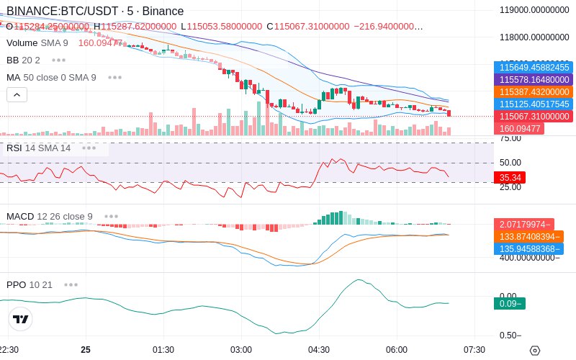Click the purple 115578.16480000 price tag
pyautogui.click(x=534, y=79)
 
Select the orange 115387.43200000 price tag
pyautogui.click(x=534, y=91)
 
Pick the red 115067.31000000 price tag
pyautogui.click(x=534, y=116)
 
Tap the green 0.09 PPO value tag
pyautogui.click(x=509, y=304)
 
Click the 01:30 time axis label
pyautogui.click(x=163, y=349)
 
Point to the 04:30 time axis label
pyautogui.click(x=319, y=349)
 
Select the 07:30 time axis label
pyautogui.click(x=474, y=349)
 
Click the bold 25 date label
pyautogui.click(x=86, y=349)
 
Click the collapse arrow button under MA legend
pyautogui.click(x=17, y=94)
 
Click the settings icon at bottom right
pyautogui.click(x=534, y=350)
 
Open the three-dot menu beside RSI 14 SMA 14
pyautogui.click(x=89, y=148)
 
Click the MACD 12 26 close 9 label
pyautogui.click(x=50, y=216)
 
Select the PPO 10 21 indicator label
pyautogui.click(x=30, y=284)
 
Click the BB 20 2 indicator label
pyautogui.click(x=23, y=60)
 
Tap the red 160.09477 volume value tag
pyautogui.click(x=518, y=128)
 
